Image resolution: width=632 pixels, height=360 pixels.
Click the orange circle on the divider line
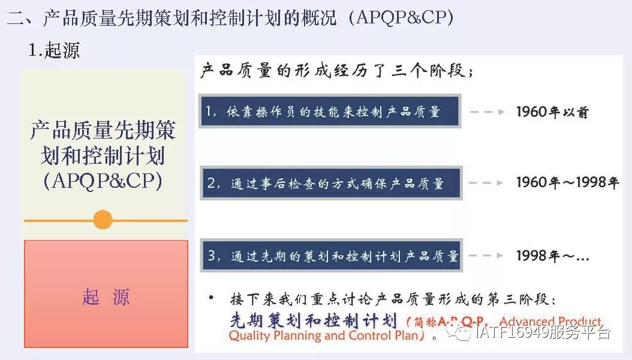103,220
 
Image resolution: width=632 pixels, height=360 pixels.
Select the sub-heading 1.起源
54,50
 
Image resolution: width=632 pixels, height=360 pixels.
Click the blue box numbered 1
330,111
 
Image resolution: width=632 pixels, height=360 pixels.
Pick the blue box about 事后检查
330,184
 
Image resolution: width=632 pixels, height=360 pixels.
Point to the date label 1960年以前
552,112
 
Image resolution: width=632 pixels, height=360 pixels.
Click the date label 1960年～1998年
567,183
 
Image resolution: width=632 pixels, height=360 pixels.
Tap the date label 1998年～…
552,256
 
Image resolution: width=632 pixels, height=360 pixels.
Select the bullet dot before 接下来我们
210,298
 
